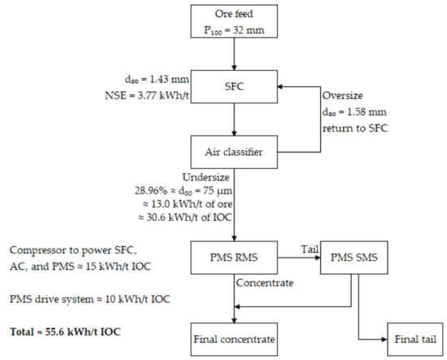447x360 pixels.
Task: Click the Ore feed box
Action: point(234,21)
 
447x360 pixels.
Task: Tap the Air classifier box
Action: point(234,150)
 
